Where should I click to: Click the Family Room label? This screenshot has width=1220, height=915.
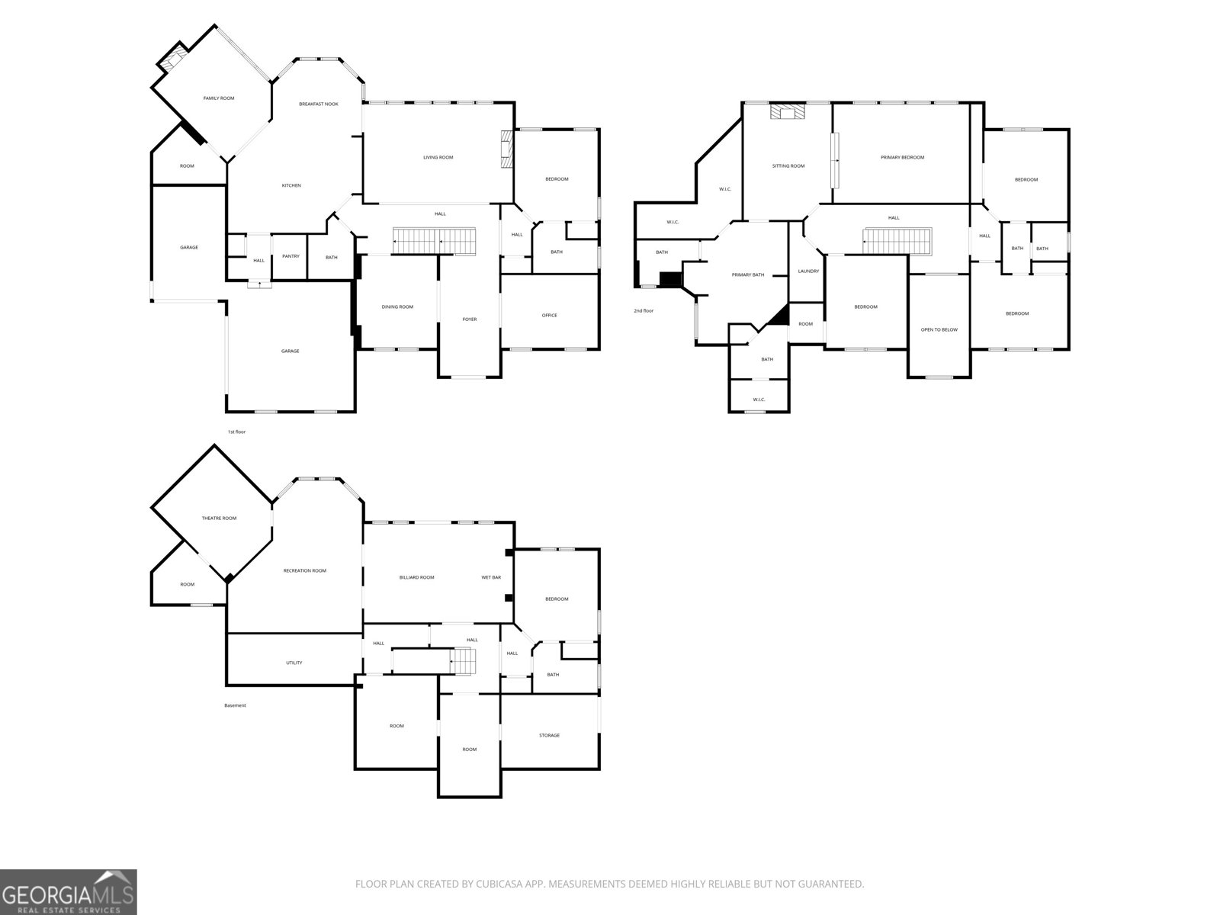[218, 98]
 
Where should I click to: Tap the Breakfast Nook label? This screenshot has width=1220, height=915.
[319, 104]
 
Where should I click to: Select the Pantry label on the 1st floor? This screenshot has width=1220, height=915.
[291, 256]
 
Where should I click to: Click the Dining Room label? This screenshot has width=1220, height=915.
[397, 307]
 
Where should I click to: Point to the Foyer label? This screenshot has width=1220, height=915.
[470, 319]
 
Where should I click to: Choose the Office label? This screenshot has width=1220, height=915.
[549, 315]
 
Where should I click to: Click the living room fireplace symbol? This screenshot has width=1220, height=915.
[506, 149]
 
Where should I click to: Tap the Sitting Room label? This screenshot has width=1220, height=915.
[788, 165]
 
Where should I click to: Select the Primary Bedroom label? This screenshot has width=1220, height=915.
[902, 157]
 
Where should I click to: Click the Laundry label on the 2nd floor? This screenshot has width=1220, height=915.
[808, 271]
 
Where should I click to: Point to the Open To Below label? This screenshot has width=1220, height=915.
[939, 329]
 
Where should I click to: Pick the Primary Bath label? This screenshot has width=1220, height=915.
[747, 274]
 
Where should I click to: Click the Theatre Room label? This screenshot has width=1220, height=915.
[219, 518]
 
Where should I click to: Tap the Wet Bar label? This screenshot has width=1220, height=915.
[491, 577]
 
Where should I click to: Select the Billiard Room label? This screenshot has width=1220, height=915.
[416, 577]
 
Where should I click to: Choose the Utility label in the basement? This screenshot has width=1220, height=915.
[294, 663]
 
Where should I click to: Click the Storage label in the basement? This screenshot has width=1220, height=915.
[549, 735]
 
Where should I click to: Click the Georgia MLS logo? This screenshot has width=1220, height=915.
[69, 892]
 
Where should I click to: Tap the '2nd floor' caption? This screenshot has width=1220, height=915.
[643, 310]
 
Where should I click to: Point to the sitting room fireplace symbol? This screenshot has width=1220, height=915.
[787, 113]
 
